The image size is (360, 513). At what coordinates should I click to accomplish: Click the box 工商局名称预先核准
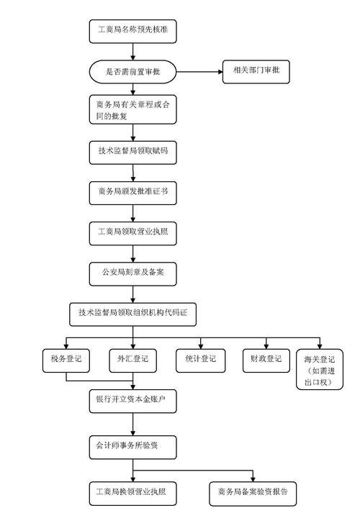click(132, 30)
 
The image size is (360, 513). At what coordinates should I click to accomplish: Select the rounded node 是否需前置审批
click(132, 71)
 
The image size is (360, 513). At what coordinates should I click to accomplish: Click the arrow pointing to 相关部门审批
click(198, 71)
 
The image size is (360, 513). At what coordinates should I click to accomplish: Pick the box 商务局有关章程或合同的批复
click(132, 112)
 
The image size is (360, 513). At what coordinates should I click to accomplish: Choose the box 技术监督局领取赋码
click(132, 153)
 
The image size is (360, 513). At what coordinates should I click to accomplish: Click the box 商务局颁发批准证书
click(132, 193)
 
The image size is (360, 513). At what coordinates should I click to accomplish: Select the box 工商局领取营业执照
click(132, 233)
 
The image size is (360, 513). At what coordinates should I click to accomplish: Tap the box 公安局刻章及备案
click(132, 273)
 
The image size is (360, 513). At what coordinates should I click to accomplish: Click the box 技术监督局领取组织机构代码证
click(132, 314)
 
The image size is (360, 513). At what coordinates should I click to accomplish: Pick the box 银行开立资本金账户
click(132, 400)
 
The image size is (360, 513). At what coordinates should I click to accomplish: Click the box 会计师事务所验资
click(132, 445)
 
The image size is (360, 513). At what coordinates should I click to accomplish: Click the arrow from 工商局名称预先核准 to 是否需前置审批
click(132, 50)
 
